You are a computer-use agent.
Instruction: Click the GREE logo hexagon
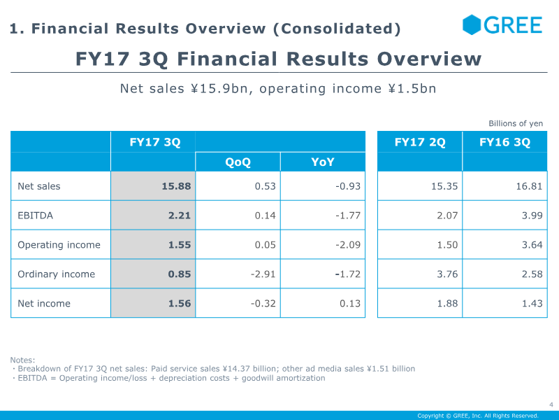tap(471, 24)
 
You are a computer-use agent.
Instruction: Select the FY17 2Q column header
tap(420, 142)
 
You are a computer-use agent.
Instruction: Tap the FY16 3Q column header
tap(504, 142)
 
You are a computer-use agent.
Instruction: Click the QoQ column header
tap(238, 162)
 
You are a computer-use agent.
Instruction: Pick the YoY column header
tap(323, 162)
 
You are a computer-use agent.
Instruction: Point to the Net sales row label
tap(39, 186)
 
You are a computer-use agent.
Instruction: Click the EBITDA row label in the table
tap(36, 216)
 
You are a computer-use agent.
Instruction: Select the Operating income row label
tap(59, 245)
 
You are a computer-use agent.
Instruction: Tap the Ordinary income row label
tap(57, 274)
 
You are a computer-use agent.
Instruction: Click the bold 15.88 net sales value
tap(176, 186)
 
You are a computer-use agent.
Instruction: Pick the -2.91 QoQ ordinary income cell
tap(263, 274)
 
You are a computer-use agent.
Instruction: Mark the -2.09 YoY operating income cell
tap(348, 244)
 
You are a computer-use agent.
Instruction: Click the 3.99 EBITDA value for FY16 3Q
tap(532, 216)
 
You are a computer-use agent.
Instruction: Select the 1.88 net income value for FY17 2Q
tap(447, 303)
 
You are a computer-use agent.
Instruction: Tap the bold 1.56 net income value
tap(180, 303)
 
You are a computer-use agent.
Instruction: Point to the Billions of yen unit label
tap(516, 124)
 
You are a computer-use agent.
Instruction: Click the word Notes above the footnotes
tap(22, 360)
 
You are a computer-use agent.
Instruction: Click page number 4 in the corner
tap(551, 405)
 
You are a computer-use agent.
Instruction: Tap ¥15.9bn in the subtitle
tap(222, 89)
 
